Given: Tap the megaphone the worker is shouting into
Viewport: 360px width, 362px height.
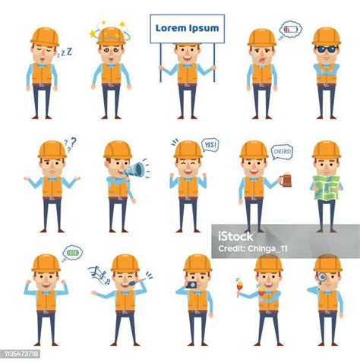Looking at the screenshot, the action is click(134, 169).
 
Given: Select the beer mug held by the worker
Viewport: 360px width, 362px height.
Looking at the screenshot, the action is click(286, 180).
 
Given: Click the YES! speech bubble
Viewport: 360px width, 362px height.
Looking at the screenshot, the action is click(210, 145).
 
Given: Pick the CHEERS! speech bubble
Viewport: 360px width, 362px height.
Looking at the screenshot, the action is click(282, 153).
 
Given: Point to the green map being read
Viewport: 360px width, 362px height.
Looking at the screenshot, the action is click(327, 187).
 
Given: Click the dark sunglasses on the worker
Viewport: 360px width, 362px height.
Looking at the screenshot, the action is click(326, 49).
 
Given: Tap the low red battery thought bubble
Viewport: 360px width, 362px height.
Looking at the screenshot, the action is click(290, 30).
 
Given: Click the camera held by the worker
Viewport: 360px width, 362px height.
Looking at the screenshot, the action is click(191, 285).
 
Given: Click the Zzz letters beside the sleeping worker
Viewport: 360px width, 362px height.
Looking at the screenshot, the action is click(65, 52).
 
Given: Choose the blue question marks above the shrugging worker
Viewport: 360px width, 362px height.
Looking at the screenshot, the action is click(70, 144).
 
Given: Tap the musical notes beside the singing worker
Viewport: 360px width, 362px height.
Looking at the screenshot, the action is click(99, 275).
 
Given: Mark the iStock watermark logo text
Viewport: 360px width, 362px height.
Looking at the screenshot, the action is click(235, 237).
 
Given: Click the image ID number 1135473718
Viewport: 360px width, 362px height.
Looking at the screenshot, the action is click(20, 354).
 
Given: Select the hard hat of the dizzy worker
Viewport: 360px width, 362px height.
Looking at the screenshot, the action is click(111, 36).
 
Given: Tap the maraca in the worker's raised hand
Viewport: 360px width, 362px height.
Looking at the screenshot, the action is click(238, 287).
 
